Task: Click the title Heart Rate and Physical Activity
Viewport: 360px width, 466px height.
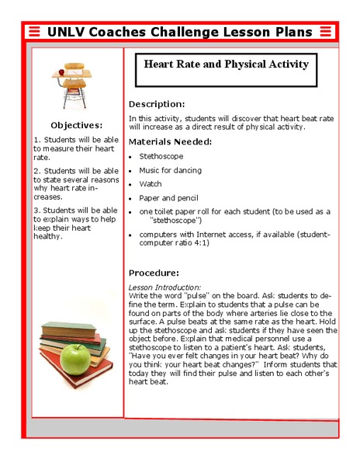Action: click(226, 64)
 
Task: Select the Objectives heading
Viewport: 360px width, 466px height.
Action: click(76, 125)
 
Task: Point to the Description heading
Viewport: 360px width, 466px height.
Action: click(156, 104)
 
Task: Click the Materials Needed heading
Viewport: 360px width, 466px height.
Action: click(170, 142)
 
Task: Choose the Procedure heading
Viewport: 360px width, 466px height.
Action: click(154, 273)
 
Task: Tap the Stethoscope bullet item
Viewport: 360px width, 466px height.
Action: click(161, 156)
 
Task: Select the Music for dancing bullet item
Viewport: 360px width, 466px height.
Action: click(171, 170)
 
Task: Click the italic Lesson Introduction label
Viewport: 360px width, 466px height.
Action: click(164, 287)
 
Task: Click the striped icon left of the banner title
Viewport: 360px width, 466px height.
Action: click(33, 32)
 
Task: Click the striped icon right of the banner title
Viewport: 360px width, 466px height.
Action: click(327, 32)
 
